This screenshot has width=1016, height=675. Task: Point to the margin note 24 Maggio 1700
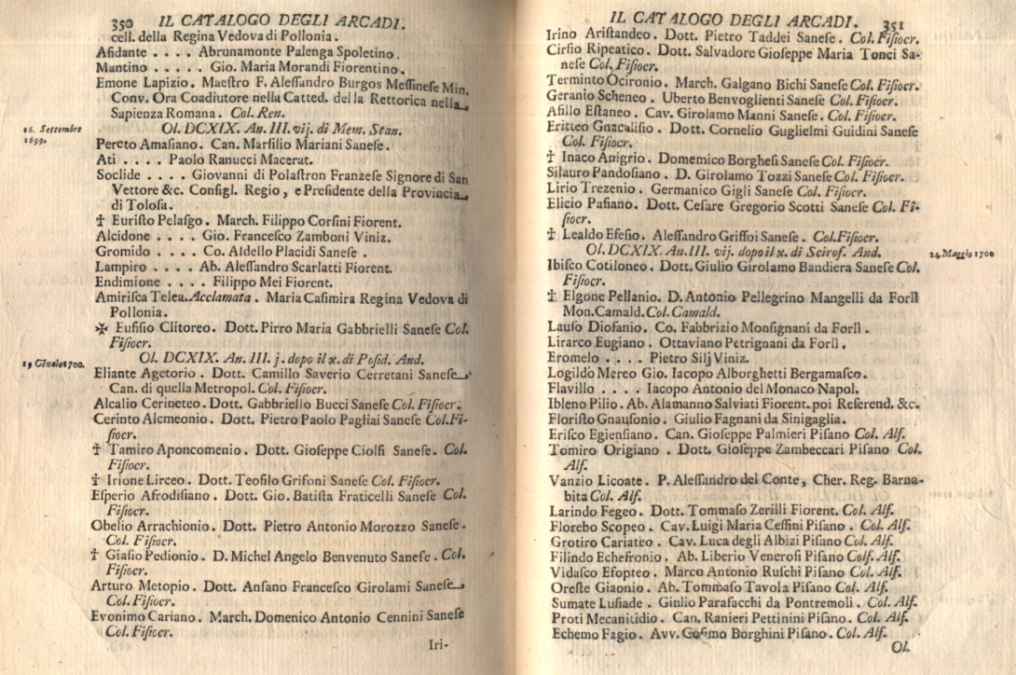969,253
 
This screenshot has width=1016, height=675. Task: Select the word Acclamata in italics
224,297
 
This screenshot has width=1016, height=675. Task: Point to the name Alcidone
123,237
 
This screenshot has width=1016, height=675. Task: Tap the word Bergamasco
822,373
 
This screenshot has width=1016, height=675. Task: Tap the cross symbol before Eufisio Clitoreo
102,329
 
